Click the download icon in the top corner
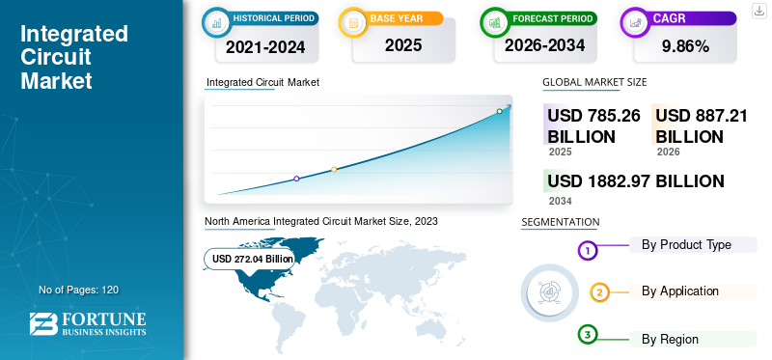(x=758, y=11)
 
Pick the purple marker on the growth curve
(x=296, y=179)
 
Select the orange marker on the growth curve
(x=334, y=170)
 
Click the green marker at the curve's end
(x=500, y=111)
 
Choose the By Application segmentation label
(x=680, y=291)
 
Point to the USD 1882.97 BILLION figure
(x=635, y=180)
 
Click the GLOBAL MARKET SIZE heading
(x=594, y=82)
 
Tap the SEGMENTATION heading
(x=561, y=222)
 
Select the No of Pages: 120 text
(x=78, y=290)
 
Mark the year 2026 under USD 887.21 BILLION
(x=668, y=152)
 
